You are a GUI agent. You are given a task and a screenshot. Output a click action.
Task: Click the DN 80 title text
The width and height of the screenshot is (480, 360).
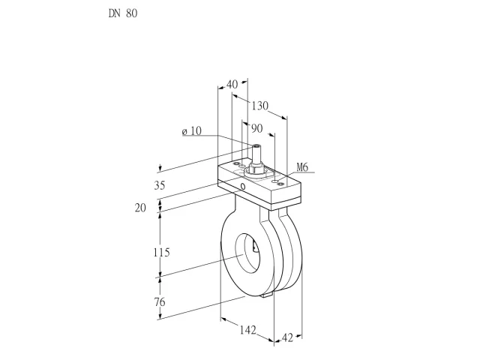pyautogui.click(x=123, y=13)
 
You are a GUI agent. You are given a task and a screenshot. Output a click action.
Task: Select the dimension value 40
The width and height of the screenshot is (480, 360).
pyautogui.click(x=232, y=84)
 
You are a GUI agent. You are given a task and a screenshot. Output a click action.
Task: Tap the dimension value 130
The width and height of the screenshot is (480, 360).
pyautogui.click(x=260, y=106)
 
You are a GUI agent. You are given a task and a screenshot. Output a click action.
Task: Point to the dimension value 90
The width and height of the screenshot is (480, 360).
pyautogui.click(x=257, y=128)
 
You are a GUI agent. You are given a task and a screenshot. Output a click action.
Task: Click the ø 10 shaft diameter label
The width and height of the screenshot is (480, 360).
pyautogui.click(x=192, y=131)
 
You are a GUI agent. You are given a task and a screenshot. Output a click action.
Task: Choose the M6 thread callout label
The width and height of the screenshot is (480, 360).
pyautogui.click(x=302, y=167)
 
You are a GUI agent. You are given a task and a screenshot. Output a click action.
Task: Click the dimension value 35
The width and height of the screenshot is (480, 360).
pyautogui.click(x=160, y=185)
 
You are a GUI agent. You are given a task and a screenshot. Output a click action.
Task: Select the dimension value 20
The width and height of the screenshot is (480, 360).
pyautogui.click(x=140, y=208)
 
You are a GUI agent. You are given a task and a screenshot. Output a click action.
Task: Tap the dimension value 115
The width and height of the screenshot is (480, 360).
pyautogui.click(x=161, y=253)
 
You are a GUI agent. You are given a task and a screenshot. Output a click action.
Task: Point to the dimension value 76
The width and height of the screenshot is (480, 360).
pyautogui.click(x=160, y=302)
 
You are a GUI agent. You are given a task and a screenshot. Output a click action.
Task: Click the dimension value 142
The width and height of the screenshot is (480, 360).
pyautogui.click(x=247, y=330)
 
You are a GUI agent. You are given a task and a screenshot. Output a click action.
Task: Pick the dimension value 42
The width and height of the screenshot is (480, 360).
pyautogui.click(x=287, y=337)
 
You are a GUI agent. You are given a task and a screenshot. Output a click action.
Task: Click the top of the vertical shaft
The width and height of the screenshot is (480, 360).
pyautogui.click(x=256, y=145)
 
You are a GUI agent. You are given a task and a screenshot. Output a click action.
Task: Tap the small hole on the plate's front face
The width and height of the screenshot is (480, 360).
pyautogui.click(x=243, y=186)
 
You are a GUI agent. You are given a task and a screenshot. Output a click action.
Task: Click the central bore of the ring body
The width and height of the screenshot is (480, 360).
pyautogui.click(x=247, y=253)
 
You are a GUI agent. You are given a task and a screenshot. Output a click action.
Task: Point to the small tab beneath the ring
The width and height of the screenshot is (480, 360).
pyautogui.click(x=267, y=295)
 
